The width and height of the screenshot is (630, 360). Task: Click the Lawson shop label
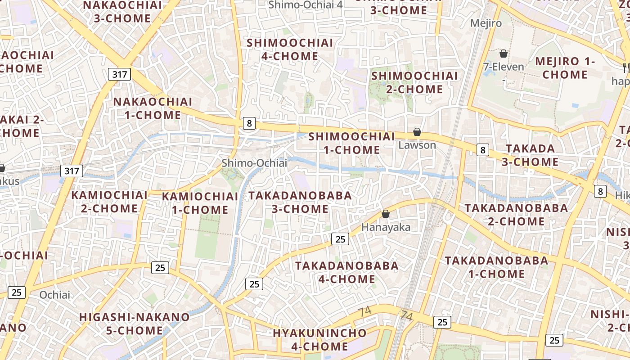pyautogui.click(x=417, y=145)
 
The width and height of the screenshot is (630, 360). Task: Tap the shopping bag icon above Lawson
pyautogui.click(x=417, y=132)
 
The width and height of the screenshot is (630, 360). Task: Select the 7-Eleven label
pyautogui.click(x=504, y=67)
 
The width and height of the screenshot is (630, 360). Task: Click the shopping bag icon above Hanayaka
pyautogui.click(x=385, y=214)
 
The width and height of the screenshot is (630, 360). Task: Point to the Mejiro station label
pyautogui.click(x=486, y=23)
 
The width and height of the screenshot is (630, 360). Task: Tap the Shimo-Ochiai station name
pyautogui.click(x=254, y=163)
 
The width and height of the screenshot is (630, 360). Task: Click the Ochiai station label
pyautogui.click(x=55, y=295)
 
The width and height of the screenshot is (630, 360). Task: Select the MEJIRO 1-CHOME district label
pyautogui.click(x=565, y=68)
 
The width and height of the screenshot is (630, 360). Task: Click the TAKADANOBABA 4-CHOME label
pyautogui.click(x=346, y=272)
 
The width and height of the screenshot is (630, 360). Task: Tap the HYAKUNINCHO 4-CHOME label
pyautogui.click(x=319, y=340)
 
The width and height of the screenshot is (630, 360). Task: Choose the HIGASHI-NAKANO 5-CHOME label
pyautogui.click(x=134, y=324)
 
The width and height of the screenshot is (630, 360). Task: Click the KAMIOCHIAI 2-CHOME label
pyautogui.click(x=109, y=202)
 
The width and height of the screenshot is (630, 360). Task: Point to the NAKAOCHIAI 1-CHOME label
pyautogui.click(x=153, y=108)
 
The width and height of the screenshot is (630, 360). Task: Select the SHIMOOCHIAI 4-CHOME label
pyautogui.click(x=290, y=49)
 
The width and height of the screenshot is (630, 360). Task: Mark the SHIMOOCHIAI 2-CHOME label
pyautogui.click(x=414, y=82)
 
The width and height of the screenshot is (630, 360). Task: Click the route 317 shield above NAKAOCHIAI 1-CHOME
pyautogui.click(x=119, y=74)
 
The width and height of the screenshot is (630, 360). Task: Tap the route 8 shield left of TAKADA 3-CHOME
pyautogui.click(x=482, y=150)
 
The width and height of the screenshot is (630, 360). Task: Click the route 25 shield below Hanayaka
pyautogui.click(x=340, y=239)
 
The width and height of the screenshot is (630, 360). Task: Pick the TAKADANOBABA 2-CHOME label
pyautogui.click(x=516, y=215)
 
